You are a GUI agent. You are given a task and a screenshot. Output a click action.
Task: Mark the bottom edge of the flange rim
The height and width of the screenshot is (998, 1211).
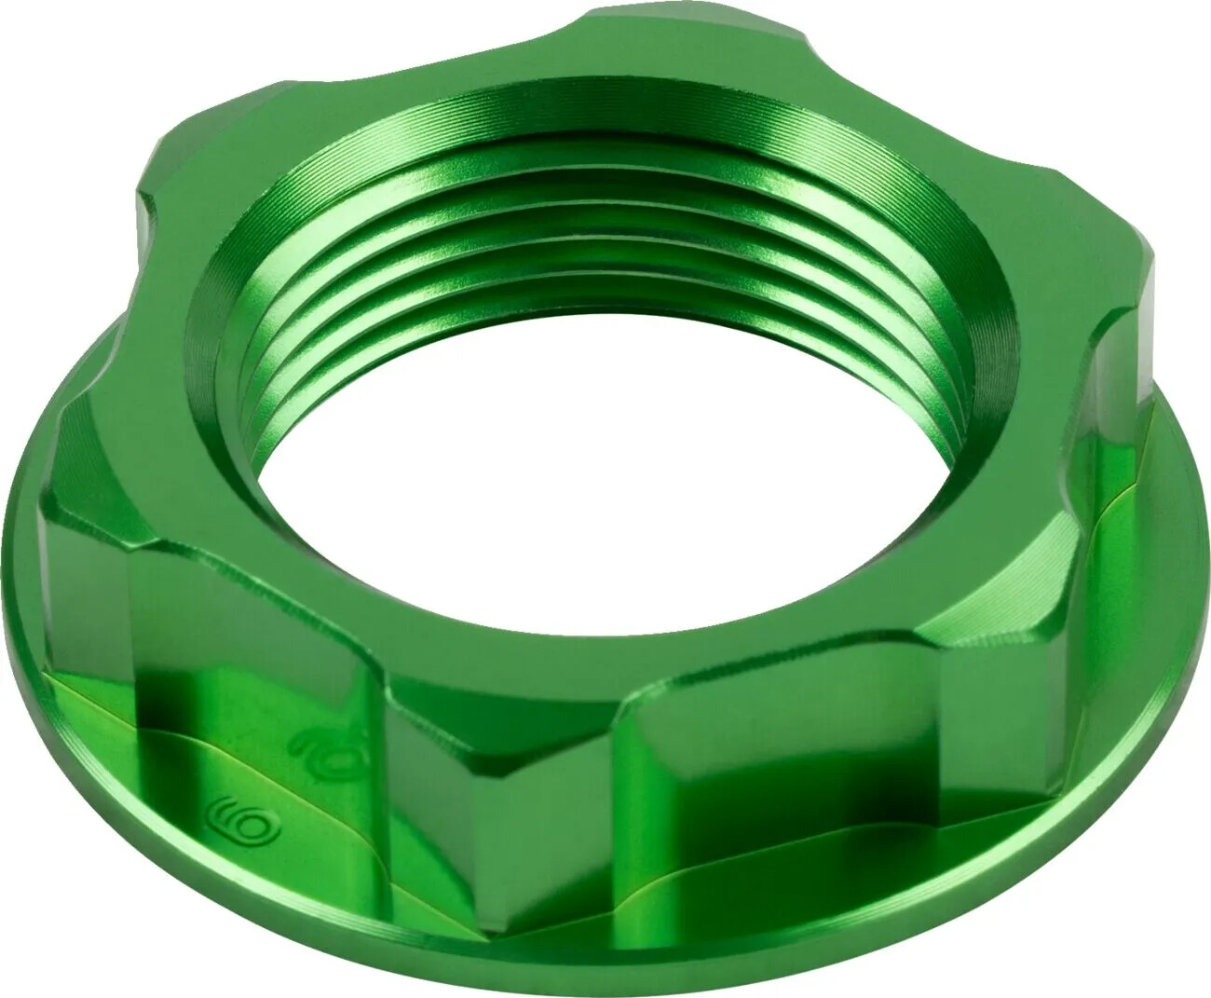(605, 978)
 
